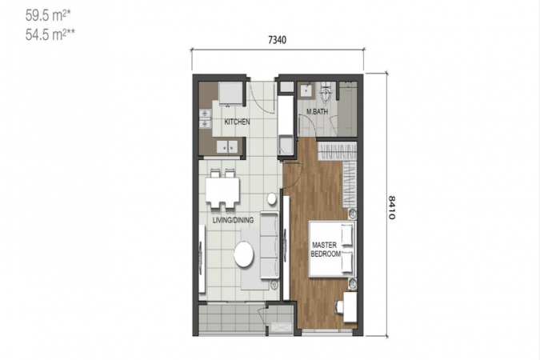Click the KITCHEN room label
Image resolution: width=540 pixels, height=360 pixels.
[237, 122]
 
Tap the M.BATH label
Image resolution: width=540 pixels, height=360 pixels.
[317, 112]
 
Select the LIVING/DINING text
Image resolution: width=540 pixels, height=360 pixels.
[233, 220]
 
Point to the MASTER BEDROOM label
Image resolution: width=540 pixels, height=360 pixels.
[326, 250]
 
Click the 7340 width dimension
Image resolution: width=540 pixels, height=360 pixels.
[278, 40]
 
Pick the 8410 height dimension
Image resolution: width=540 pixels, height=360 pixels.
[391, 207]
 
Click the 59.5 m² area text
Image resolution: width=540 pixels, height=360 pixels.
[48, 15]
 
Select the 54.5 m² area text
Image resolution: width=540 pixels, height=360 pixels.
[50, 34]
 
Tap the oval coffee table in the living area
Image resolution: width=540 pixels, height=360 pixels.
[244, 254]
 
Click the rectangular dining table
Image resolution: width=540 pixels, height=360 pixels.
[222, 190]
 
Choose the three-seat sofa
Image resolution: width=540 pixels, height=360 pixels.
[270, 246]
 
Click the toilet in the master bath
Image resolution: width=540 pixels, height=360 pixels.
[326, 92]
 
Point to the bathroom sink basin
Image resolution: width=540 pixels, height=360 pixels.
[306, 90]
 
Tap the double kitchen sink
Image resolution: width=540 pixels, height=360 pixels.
[205, 118]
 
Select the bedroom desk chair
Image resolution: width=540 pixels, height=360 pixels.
[339, 306]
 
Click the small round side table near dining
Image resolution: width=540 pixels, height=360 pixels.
[272, 198]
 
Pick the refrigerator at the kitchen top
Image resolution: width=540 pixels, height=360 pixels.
[230, 93]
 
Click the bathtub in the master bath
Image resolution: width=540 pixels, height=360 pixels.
[347, 109]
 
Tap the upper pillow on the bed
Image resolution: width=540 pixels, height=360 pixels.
[347, 235]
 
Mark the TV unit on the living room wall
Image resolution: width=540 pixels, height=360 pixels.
[202, 258]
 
